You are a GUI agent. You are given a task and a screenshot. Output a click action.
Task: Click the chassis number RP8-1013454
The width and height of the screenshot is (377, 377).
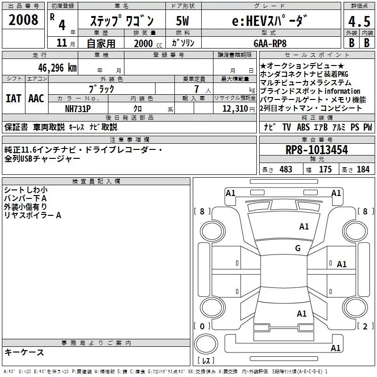(x=317, y=150)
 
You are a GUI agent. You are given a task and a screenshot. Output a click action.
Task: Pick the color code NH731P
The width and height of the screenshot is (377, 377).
(x=78, y=109)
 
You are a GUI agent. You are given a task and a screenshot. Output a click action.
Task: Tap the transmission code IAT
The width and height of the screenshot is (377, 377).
(x=13, y=98)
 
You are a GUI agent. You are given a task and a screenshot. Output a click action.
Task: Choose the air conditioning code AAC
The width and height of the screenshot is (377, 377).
(x=36, y=98)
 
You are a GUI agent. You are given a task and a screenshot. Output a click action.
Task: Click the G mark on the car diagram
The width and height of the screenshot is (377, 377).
(x=297, y=248)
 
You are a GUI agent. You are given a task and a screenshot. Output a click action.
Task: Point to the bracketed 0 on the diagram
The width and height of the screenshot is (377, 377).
(x=202, y=326)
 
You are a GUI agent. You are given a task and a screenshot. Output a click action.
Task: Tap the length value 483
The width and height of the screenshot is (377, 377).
(x=286, y=170)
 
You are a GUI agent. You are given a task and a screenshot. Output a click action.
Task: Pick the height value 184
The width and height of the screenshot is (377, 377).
(x=363, y=170)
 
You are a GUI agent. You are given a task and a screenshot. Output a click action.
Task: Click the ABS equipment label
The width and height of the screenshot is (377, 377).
(x=304, y=127)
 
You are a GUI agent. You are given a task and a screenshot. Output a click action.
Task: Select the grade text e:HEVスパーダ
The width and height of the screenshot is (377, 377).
(x=269, y=21)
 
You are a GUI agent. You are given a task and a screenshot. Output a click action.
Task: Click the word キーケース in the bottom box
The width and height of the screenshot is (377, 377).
(x=25, y=352)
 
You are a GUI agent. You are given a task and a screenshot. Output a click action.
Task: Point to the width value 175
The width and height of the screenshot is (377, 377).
(x=325, y=170)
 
